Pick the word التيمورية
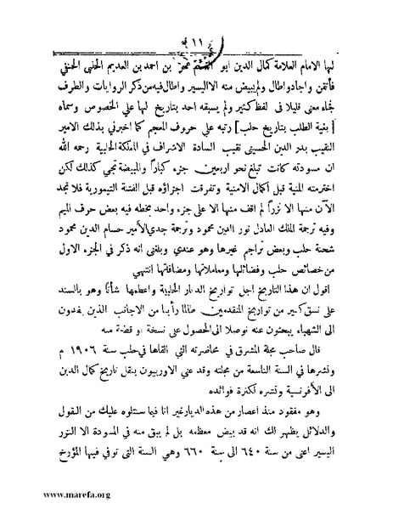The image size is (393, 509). (138, 182)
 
